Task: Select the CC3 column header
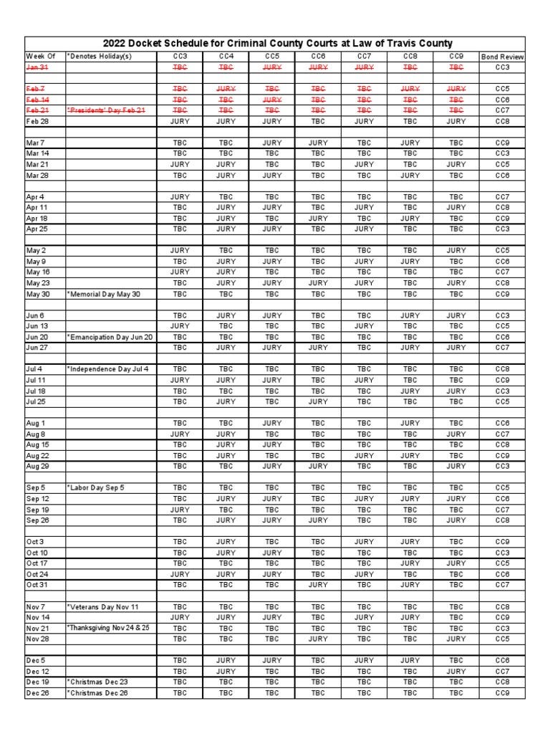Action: click(x=180, y=56)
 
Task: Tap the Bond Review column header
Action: click(x=502, y=56)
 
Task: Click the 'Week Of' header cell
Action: click(x=41, y=56)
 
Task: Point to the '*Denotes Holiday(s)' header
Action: click(x=100, y=56)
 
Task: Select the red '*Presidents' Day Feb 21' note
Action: click(x=106, y=110)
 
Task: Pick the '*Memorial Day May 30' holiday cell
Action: click(x=104, y=294)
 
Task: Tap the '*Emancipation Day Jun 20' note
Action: click(x=110, y=337)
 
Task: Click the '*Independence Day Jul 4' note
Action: click(x=107, y=369)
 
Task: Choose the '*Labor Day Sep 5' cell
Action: click(x=96, y=487)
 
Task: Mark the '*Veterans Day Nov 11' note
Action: click(x=103, y=606)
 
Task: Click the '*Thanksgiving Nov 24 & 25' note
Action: click(x=108, y=628)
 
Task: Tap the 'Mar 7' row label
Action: click(x=36, y=143)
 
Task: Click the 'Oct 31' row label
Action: click(x=37, y=585)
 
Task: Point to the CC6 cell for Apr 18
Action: click(x=318, y=218)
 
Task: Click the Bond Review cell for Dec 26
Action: click(x=502, y=693)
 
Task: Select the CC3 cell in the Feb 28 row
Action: click(x=180, y=121)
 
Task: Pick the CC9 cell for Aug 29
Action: click(x=456, y=466)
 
